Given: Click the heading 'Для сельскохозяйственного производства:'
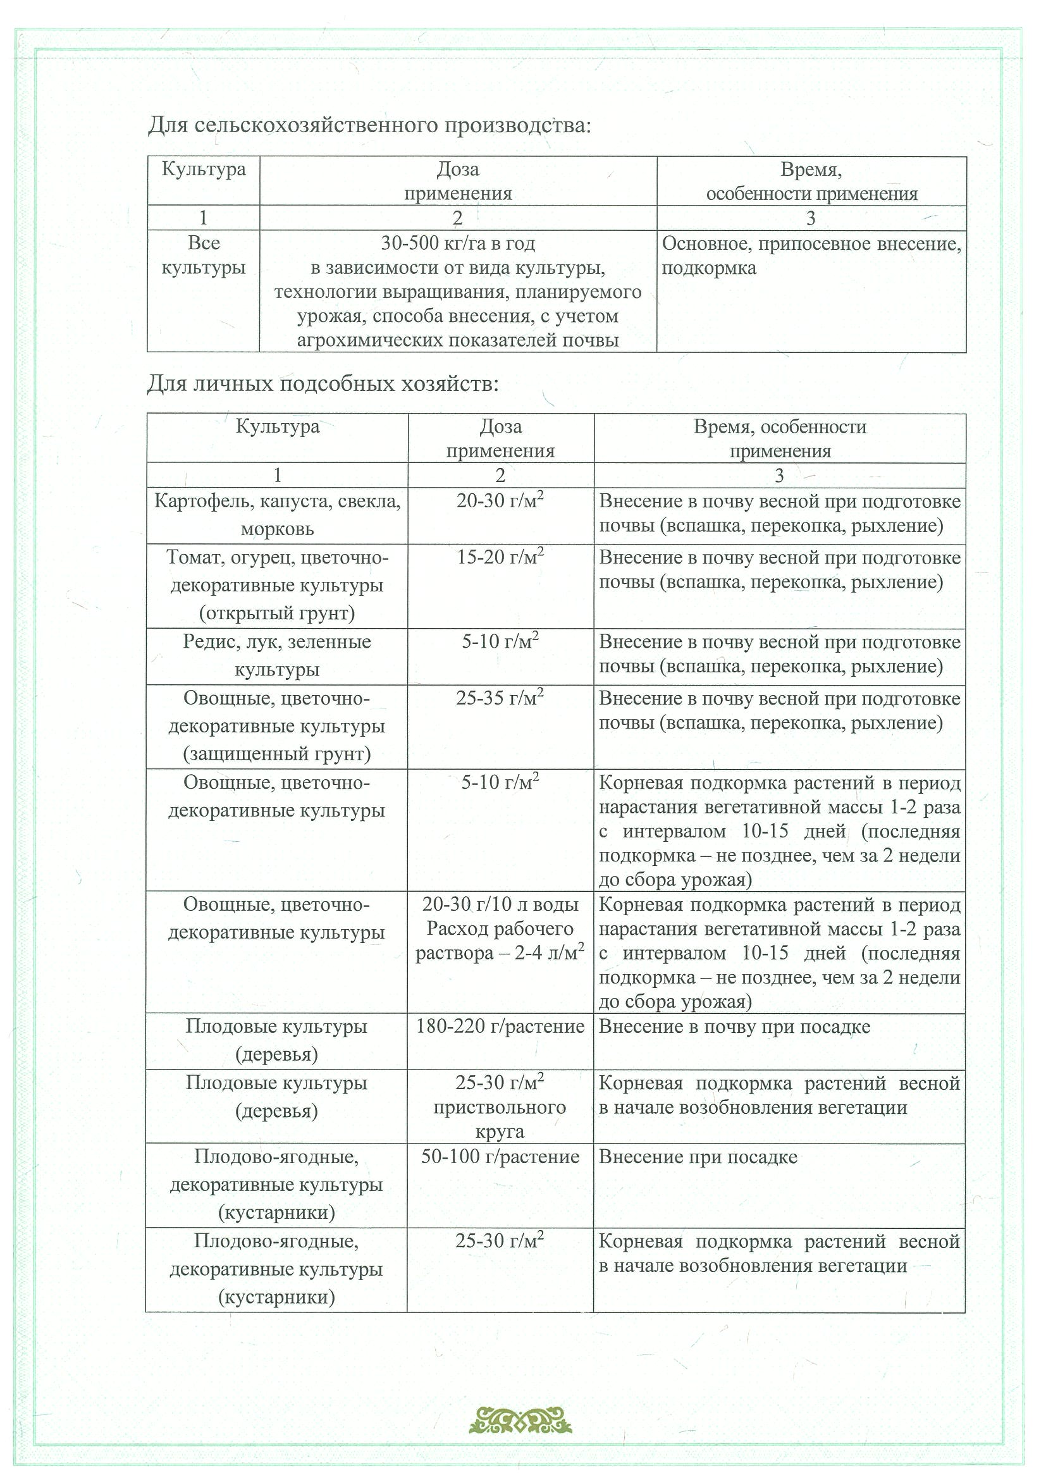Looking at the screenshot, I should pyautogui.click(x=369, y=125).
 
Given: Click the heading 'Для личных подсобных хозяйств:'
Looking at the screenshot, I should pyautogui.click(x=323, y=384).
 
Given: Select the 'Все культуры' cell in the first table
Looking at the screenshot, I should pyautogui.click(x=204, y=256).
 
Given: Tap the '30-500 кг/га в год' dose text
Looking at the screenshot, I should pyautogui.click(x=458, y=244).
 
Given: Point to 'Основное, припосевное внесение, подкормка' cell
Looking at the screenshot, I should pyautogui.click(x=811, y=256).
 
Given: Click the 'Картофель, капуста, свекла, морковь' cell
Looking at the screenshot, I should pyautogui.click(x=277, y=515).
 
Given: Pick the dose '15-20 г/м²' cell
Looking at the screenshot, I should pyautogui.click(x=500, y=557).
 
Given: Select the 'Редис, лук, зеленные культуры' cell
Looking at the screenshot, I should pyautogui.click(x=277, y=655).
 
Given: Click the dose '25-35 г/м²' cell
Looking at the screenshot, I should pyautogui.click(x=500, y=698).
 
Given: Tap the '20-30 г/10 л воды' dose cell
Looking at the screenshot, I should pyautogui.click(x=500, y=904).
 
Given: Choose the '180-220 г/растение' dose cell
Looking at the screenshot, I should pyautogui.click(x=500, y=1027).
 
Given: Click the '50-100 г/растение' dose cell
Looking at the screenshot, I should pyautogui.click(x=500, y=1156).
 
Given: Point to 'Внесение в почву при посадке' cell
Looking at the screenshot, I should pyautogui.click(x=734, y=1027).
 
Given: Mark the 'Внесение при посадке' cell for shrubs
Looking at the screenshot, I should pyautogui.click(x=698, y=1157).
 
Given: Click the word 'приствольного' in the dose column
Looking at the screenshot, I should pyautogui.click(x=500, y=1107).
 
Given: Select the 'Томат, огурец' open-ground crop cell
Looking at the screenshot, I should pyautogui.click(x=277, y=585).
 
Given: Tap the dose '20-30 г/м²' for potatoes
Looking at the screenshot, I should pyautogui.click(x=500, y=501).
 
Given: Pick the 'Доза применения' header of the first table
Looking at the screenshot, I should pyautogui.click(x=458, y=181).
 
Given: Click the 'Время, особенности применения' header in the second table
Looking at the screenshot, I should pyautogui.click(x=780, y=438).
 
